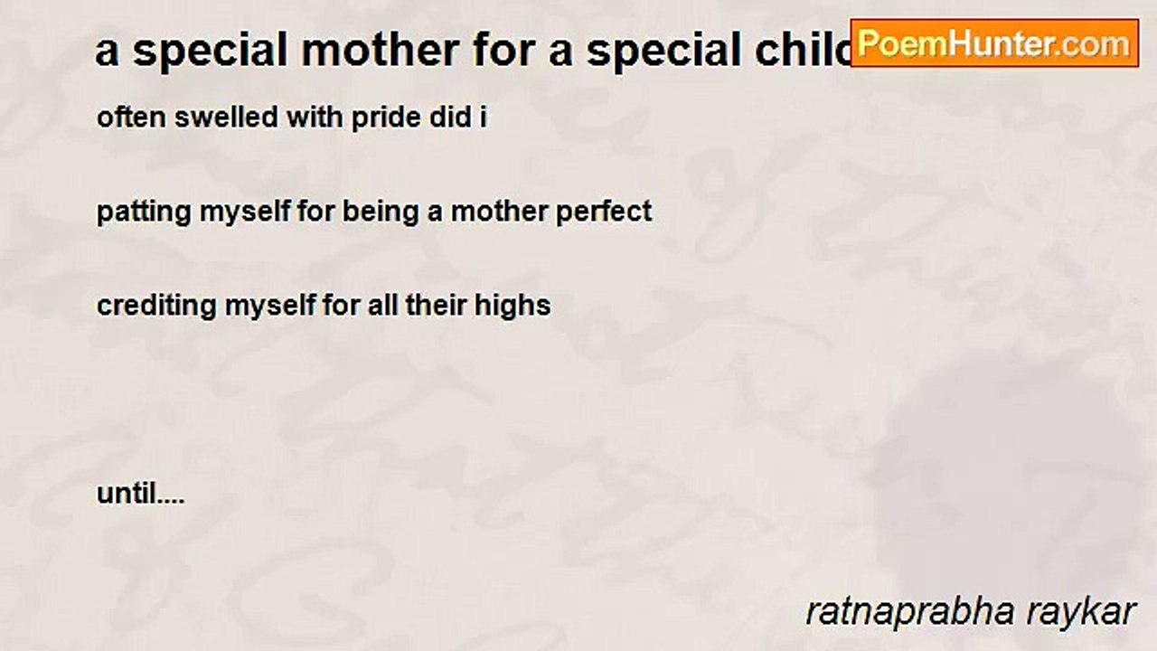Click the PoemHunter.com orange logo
(994, 43)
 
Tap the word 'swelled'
(226, 117)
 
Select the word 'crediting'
(156, 306)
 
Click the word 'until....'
(140, 494)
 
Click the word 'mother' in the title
(381, 51)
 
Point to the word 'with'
(315, 117)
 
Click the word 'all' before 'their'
(382, 306)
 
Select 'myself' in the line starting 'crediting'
(269, 307)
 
